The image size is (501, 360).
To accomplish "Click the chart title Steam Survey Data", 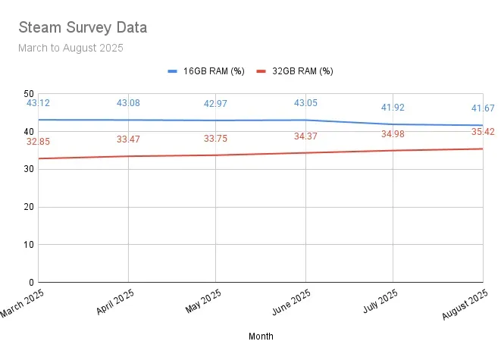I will (x=83, y=28).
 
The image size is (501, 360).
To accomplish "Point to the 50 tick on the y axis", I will (x=28, y=92).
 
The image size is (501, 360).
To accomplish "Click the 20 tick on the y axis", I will (x=28, y=206).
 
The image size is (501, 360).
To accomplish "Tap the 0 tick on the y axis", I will (x=31, y=282).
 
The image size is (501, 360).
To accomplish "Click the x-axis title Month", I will (x=261, y=336).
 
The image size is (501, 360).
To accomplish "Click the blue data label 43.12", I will (x=39, y=102).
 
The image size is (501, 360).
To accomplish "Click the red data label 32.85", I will (x=39, y=141).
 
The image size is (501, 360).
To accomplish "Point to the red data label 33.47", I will (x=128, y=139).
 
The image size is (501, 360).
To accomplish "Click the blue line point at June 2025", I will (x=305, y=120).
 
